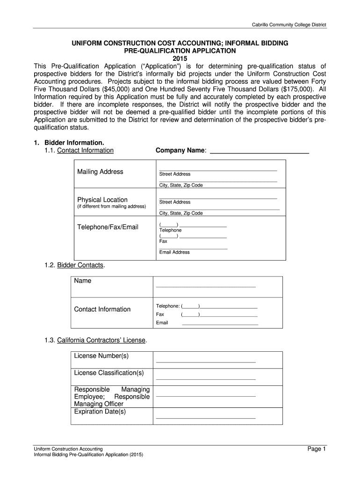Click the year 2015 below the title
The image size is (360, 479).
180,58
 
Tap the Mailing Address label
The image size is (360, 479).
100,172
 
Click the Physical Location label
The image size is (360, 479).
102,200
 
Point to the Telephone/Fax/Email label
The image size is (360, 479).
108,227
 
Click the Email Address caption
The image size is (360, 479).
174,252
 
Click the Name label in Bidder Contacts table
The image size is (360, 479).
83,281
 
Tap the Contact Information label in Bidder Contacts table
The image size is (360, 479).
102,309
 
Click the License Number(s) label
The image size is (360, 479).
101,356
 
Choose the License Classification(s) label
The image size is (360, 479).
109,373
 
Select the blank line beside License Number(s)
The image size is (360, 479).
206,362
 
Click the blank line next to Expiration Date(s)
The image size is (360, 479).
206,418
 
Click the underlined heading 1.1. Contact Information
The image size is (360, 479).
85,150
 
